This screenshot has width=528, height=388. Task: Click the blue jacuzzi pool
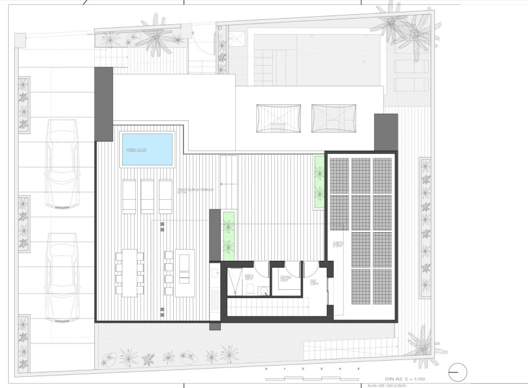tap(147, 150)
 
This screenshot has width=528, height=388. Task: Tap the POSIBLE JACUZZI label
tap(136, 150)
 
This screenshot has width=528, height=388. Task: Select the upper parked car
tap(62, 163)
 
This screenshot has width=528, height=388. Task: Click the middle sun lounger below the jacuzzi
tap(148, 197)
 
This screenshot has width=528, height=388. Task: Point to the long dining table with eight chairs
tap(129, 273)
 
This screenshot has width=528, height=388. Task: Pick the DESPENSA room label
tap(285, 278)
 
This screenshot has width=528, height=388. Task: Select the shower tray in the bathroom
tap(235, 280)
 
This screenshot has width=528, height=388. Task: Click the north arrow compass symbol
tap(457, 371)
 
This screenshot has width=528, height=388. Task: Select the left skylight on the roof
tap(278, 117)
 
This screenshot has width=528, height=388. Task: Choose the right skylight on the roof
tap(334, 117)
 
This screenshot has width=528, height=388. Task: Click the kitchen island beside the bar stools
tap(185, 273)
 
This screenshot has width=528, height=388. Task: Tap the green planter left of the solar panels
tap(320, 183)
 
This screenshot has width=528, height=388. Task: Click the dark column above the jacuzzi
tap(104, 104)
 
